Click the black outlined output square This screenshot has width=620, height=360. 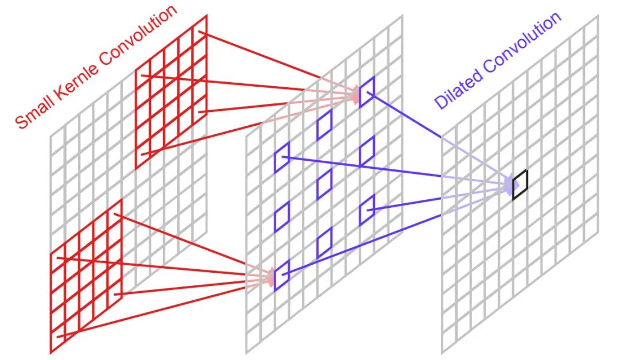520,185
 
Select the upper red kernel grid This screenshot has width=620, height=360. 170,92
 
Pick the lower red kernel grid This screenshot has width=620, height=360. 86,276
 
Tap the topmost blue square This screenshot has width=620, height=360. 367,91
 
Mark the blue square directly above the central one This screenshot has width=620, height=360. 324,125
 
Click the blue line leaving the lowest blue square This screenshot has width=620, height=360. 367,240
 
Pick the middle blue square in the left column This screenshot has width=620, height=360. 282,215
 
